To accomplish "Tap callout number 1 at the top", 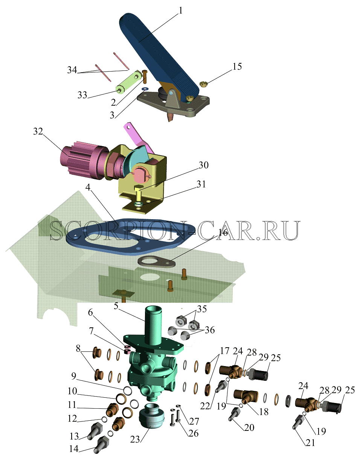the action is [180, 10].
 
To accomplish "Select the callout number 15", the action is [237, 66].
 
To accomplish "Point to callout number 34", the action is [72, 70].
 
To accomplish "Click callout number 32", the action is [38, 131].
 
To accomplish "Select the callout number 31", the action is [201, 184].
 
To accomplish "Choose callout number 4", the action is [88, 187].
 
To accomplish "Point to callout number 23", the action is [135, 439].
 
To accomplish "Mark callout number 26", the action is [194, 433].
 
